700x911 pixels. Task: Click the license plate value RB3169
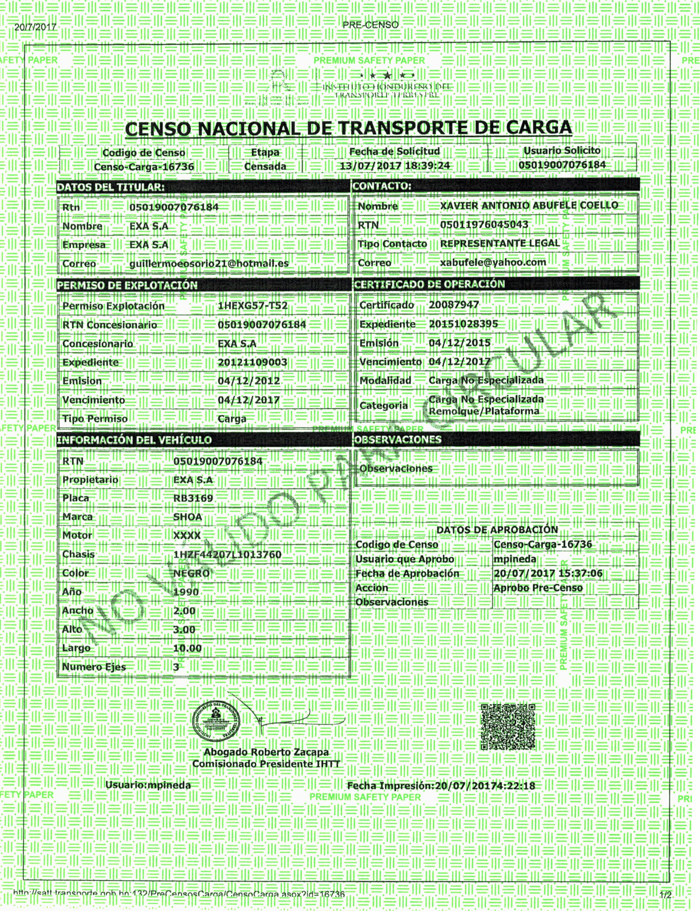(193, 498)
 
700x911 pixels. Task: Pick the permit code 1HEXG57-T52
(253, 306)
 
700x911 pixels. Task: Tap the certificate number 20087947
(454, 305)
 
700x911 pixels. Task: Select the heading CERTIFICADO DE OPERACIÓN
(429, 284)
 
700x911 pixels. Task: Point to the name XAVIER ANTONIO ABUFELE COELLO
(529, 206)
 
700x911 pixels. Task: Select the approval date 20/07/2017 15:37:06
(548, 574)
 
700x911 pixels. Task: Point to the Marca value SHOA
(188, 517)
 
